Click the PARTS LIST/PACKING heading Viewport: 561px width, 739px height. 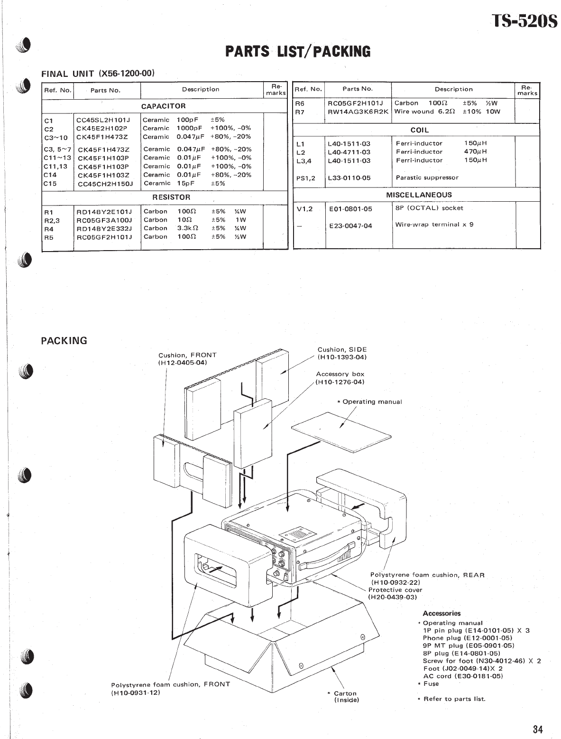point(298,51)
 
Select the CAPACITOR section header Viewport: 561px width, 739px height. point(164,106)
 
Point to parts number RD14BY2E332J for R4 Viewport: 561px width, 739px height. point(104,228)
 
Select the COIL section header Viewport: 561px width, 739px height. point(419,130)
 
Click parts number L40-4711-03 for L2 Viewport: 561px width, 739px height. point(349,152)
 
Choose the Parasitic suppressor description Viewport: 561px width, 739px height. point(427,178)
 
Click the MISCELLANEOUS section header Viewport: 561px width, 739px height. point(419,195)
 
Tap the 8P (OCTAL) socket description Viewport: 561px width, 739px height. point(429,208)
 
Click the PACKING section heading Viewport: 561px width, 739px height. point(64,340)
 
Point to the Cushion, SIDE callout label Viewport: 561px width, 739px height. point(342,354)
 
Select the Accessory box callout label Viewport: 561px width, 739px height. point(340,378)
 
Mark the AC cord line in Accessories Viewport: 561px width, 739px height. point(462,676)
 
